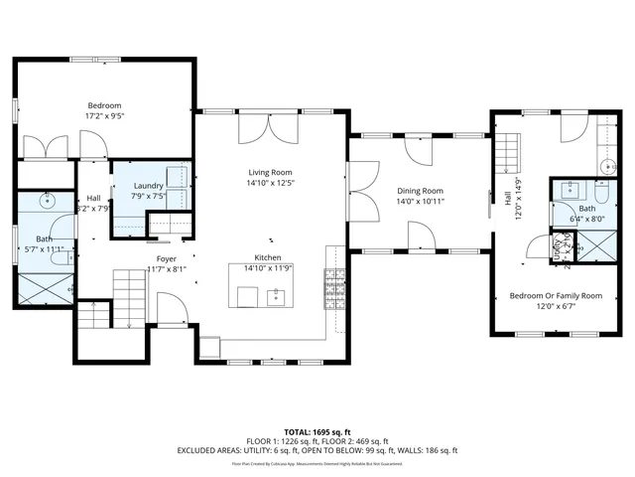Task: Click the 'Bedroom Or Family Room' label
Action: [x=556, y=295]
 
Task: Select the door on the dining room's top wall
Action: [x=420, y=149]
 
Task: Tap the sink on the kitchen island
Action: [x=277, y=295]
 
